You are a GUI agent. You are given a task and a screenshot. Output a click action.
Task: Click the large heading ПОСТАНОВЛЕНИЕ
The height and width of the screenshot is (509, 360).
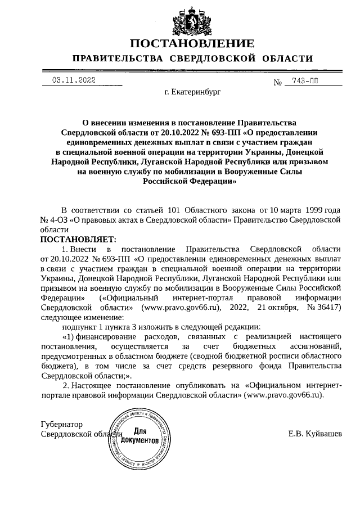pos(192,44)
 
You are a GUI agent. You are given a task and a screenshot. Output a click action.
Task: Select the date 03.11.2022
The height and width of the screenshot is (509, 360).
pos(74,80)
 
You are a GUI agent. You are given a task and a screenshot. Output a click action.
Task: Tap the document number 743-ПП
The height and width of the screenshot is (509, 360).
pos(305,82)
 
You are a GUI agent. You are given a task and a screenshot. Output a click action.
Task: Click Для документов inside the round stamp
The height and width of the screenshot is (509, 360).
pos(139,435)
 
